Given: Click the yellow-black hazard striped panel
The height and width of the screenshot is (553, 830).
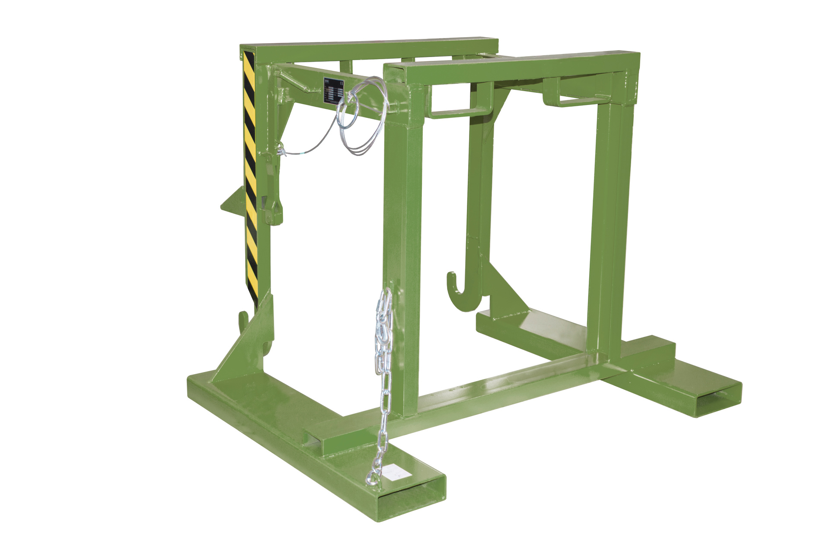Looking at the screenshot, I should point(250,173).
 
